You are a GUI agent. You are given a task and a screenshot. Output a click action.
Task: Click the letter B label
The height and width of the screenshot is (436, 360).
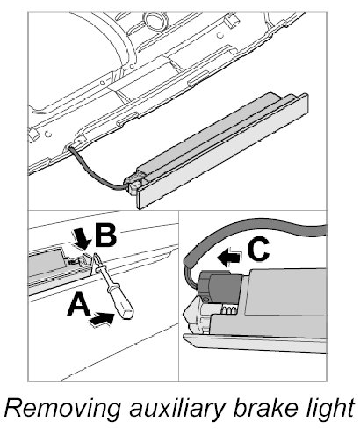pos(105,236)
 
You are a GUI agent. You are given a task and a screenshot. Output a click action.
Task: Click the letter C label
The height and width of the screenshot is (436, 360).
pos(258,249)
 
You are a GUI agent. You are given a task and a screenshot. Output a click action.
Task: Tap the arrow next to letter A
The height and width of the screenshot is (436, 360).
pos(102,319)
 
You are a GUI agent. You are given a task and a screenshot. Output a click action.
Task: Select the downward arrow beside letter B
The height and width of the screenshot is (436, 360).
pos(82,239)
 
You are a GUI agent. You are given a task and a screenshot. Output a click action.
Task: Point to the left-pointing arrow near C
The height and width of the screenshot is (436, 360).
pos(229,257)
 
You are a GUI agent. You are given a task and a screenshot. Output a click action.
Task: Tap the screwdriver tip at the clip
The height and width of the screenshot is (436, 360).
pos(95,255)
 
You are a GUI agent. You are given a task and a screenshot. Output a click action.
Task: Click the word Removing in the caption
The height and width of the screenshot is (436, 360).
pos(63,408)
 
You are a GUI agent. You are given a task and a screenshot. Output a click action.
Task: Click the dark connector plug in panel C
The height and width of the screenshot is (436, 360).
pos(220,288)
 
